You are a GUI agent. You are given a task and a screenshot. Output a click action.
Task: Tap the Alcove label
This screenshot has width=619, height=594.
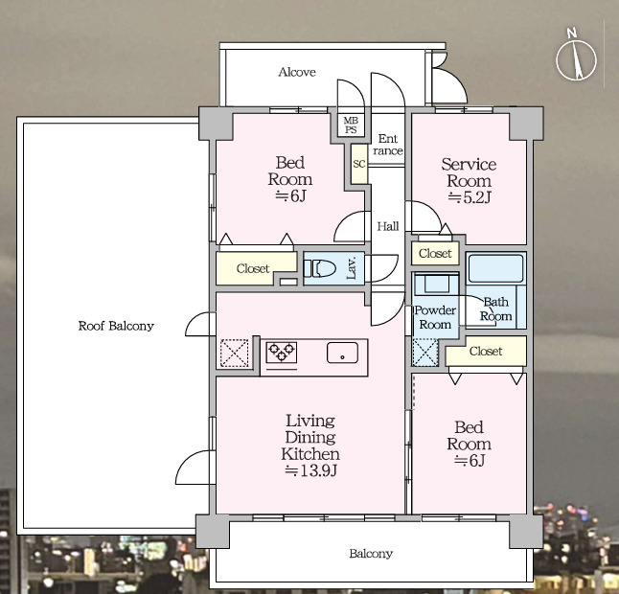point(297,72)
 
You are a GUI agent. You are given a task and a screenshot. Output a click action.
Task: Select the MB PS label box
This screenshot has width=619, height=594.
point(351,126)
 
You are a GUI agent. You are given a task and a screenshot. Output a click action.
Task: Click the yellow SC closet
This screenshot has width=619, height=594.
point(359,164)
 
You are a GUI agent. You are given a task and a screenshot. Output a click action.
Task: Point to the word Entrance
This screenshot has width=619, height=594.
point(388,145)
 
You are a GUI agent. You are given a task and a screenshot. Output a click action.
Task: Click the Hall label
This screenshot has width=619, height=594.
point(388,226)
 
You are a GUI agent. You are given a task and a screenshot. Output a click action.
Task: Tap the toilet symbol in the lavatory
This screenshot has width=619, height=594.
point(320,269)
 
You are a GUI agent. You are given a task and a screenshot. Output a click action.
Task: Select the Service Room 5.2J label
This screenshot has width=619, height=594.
point(469,180)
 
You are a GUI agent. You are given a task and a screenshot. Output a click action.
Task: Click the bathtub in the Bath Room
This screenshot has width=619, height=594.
point(495,268)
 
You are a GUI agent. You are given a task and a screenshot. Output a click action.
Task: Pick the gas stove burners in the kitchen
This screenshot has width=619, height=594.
point(282,352)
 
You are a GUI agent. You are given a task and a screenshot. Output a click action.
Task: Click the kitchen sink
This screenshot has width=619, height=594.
point(342,353)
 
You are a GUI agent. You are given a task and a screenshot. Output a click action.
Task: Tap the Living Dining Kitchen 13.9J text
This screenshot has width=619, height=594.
point(310,445)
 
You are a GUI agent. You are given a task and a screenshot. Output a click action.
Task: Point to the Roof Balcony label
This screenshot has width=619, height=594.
point(116,326)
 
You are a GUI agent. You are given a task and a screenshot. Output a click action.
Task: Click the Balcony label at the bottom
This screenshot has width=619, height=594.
point(371,554)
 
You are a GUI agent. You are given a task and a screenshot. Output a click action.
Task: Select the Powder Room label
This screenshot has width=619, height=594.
point(435,317)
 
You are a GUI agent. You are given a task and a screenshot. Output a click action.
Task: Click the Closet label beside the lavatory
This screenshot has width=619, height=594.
point(253,269)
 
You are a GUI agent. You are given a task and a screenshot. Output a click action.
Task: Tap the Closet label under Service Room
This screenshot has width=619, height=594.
point(435,253)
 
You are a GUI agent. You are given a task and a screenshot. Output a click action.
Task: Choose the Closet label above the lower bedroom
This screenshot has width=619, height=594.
point(486,351)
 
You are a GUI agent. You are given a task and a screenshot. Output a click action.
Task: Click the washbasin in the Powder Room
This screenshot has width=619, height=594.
point(436,283)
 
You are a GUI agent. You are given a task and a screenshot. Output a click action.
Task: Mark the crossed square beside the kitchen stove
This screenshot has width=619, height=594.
point(234,353)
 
